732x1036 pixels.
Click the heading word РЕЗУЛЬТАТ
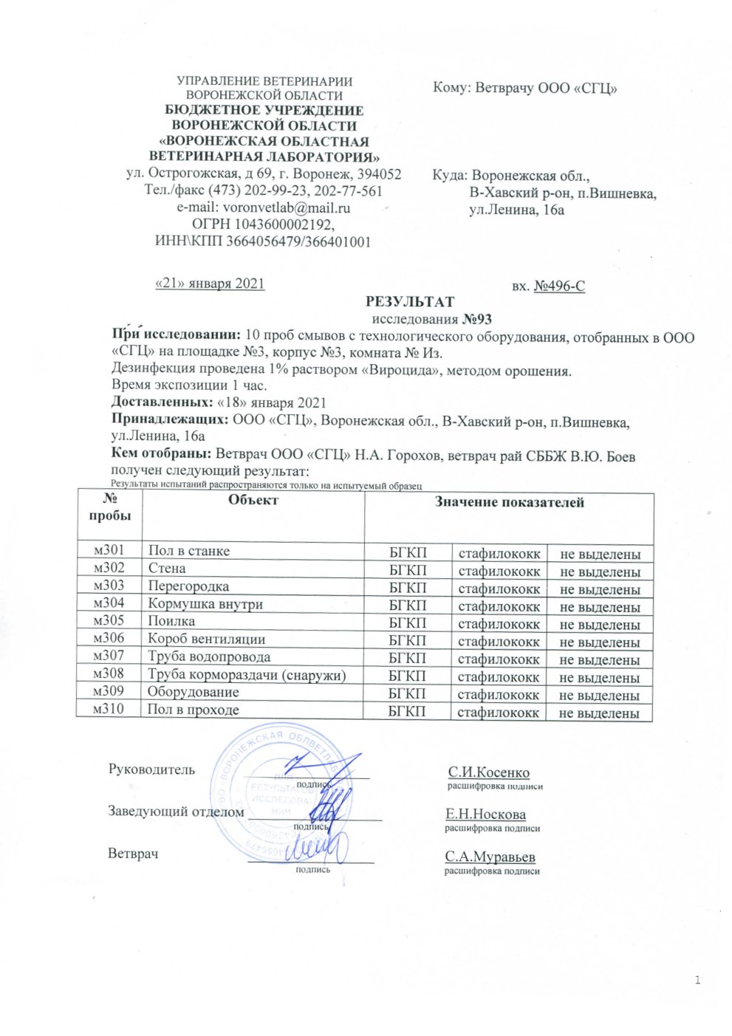[409, 301]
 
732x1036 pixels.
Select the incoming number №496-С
[559, 286]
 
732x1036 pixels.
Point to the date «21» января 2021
[209, 284]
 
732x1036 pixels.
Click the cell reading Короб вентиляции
[207, 639]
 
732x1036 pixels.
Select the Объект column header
[253, 500]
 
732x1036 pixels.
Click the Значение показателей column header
[509, 502]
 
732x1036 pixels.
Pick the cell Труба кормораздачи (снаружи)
[247, 674]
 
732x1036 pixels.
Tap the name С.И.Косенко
[488, 772]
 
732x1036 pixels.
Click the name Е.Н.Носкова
[485, 814]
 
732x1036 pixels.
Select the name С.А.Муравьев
[490, 857]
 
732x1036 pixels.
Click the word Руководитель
[151, 769]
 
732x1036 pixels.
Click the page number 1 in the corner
[697, 980]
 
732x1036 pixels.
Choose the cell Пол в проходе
[194, 710]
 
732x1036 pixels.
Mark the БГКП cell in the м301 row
[408, 552]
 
